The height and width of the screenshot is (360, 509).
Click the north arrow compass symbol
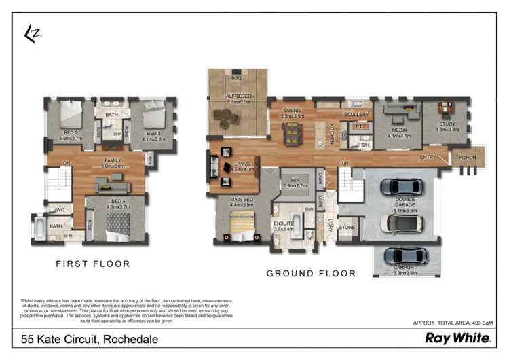(31, 34)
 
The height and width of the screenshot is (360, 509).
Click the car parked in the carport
(405, 256)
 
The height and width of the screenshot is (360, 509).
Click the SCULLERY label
(356, 115)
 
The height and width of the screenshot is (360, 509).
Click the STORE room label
(347, 228)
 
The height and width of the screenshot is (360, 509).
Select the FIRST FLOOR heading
(93, 264)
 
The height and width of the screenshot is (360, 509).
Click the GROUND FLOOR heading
(310, 274)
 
